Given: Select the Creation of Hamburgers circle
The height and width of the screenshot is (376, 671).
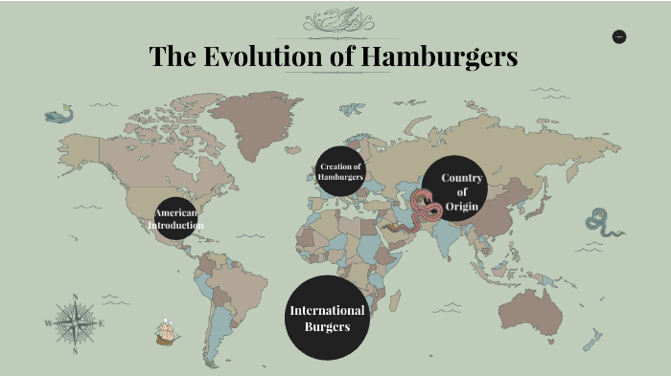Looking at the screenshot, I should (x=341, y=172).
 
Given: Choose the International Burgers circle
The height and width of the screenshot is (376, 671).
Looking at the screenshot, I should (x=327, y=318).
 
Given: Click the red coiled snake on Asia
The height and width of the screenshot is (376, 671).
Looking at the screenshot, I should (x=426, y=206).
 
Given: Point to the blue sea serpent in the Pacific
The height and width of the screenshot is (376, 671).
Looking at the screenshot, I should (x=604, y=223).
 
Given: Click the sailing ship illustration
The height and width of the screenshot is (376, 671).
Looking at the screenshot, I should (x=168, y=333).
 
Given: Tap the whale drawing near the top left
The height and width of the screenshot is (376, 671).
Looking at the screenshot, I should (x=58, y=116).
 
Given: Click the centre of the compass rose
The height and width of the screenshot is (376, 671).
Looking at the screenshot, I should (x=74, y=323).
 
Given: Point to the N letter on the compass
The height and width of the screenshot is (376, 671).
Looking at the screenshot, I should (x=74, y=297).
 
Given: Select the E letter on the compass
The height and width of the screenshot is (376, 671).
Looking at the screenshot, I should (x=101, y=323).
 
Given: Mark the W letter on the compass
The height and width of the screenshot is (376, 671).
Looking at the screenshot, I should (x=47, y=323).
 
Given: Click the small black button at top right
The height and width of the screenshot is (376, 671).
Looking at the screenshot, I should (x=618, y=36).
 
